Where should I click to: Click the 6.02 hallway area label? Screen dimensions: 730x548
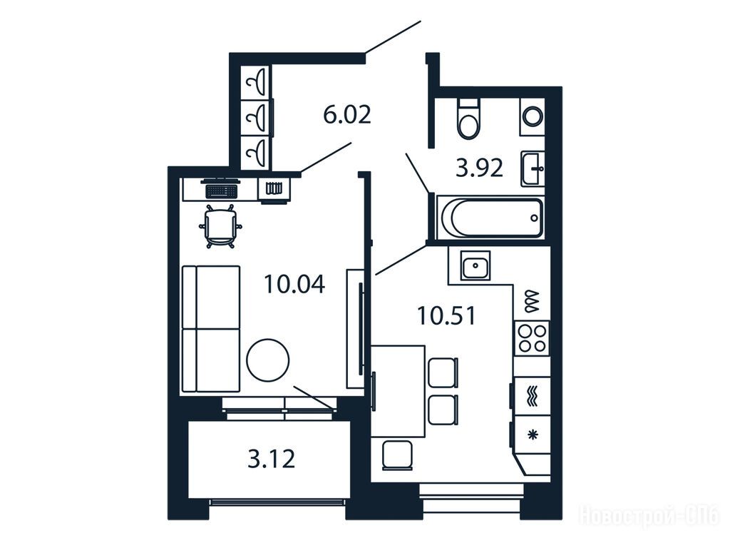tap(347, 115)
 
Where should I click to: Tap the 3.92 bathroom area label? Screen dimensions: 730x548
tap(479, 168)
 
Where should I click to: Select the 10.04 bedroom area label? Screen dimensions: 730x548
tap(294, 284)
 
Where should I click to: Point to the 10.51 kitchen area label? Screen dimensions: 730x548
tap(446, 315)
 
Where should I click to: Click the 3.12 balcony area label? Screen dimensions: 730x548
tap(272, 459)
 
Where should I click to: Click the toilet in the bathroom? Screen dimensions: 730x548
tap(468, 119)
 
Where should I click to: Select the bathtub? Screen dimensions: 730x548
tap(490, 218)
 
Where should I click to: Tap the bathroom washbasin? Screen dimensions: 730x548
tap(533, 168)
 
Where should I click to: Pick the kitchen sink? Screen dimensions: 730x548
tap(475, 265)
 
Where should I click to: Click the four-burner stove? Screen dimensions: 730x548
tap(533, 338)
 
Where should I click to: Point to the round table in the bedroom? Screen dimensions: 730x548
tap(268, 360)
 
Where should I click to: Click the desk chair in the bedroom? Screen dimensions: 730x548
tap(220, 226)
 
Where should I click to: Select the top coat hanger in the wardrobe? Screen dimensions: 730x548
tap(257, 82)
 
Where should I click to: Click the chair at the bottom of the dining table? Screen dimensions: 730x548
tap(398, 455)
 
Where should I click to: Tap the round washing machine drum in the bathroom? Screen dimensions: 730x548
tap(533, 116)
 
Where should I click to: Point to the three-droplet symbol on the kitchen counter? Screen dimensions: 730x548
tap(532, 302)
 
